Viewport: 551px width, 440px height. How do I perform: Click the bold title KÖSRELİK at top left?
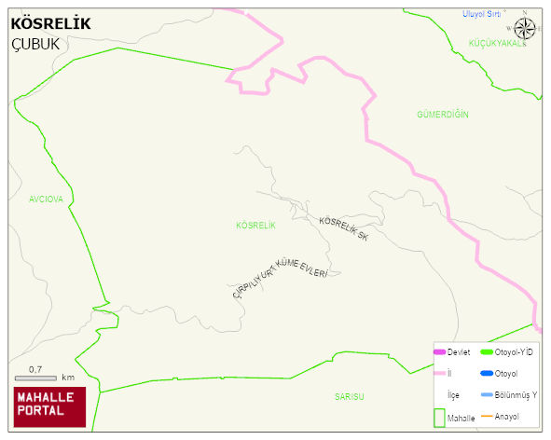pyautogui.click(x=50, y=23)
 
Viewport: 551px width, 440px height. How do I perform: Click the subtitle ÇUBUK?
pyautogui.click(x=34, y=44)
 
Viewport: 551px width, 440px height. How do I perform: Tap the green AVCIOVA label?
pyautogui.click(x=46, y=199)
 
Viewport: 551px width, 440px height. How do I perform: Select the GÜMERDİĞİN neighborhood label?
pyautogui.click(x=442, y=114)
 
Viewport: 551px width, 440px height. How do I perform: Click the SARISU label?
pyautogui.click(x=350, y=396)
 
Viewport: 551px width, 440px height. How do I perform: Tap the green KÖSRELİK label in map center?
pyautogui.click(x=255, y=226)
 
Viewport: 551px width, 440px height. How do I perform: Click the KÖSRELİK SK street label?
pyautogui.click(x=344, y=228)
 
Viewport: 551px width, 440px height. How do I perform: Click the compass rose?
pyautogui.click(x=525, y=28)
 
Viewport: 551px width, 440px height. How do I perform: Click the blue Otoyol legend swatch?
pyautogui.click(x=486, y=373)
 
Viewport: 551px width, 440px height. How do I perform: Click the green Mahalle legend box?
pyautogui.click(x=439, y=418)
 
